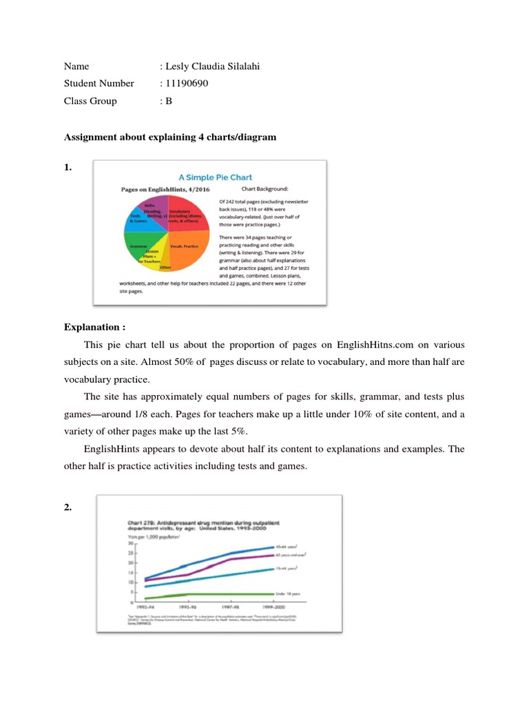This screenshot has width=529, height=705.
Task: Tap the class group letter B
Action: point(168,101)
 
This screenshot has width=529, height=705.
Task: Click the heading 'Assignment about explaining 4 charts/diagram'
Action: point(170,137)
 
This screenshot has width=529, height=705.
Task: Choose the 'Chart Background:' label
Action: point(264,187)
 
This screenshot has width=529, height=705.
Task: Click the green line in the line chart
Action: point(207,593)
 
